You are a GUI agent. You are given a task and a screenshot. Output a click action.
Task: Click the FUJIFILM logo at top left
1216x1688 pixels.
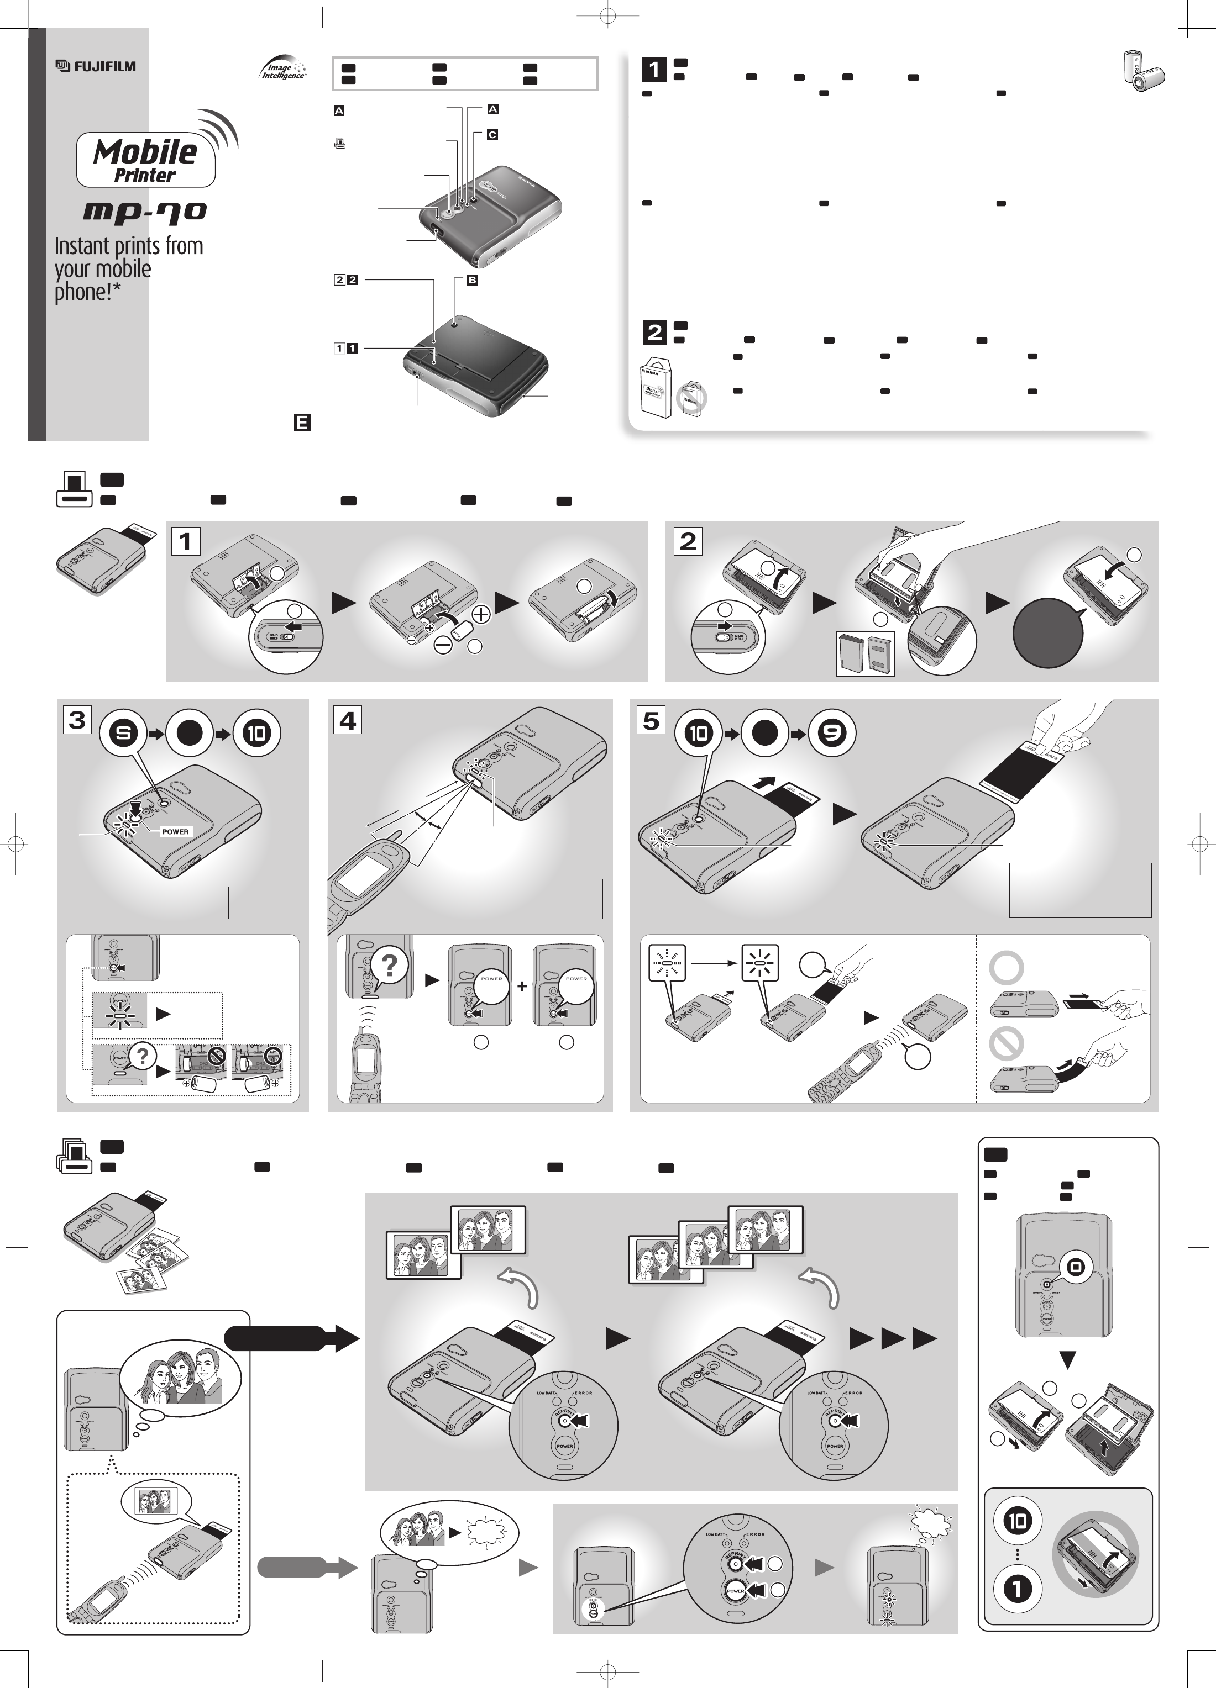coord(96,66)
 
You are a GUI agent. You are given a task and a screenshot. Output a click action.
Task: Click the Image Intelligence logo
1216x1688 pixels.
coord(284,70)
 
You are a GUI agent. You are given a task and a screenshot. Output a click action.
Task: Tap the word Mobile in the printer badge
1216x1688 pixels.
coord(145,152)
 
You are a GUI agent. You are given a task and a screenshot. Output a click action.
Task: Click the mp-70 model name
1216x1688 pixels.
coord(144,212)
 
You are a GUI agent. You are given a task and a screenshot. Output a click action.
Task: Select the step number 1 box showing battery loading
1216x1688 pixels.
coord(185,541)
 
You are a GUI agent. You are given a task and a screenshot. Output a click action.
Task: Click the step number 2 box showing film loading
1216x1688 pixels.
coord(687,541)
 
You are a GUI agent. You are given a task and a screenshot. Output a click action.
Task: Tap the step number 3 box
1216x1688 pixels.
coord(77,720)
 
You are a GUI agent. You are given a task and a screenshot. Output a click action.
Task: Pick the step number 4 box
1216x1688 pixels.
coord(348,720)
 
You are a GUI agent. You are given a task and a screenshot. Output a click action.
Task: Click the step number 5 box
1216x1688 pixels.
coord(651,720)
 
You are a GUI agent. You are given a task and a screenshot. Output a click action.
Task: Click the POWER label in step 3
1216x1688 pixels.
coord(176,831)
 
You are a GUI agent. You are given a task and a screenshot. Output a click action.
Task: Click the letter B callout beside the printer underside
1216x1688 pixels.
coord(472,281)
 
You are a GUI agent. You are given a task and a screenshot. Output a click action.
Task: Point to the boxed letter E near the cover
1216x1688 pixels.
coord(302,423)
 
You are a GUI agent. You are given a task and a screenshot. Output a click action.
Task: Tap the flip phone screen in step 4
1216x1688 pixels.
coord(359,883)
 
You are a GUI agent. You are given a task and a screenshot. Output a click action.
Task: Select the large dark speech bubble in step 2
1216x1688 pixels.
coord(1048,632)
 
